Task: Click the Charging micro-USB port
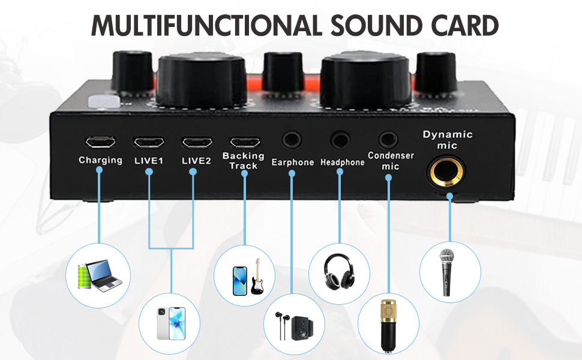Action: coord(100,142)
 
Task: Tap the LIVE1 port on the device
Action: coord(148,142)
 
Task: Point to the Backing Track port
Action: coord(244,142)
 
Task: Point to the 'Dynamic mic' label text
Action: coord(448,140)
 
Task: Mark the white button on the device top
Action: coord(97,103)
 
